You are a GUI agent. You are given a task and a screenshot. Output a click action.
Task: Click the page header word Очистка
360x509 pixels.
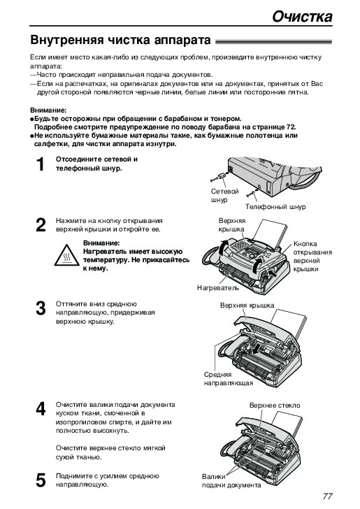point(302,16)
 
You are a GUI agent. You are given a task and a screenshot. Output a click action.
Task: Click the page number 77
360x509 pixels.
point(328,496)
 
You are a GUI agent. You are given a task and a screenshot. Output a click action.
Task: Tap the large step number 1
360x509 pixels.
point(41,164)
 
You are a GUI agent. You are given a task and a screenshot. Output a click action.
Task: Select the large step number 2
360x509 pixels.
point(41,225)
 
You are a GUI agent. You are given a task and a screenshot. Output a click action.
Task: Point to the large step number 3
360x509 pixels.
point(41,308)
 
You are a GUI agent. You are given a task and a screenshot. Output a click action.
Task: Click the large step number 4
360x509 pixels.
point(41,409)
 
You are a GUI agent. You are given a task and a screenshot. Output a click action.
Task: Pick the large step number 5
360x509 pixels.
point(41,480)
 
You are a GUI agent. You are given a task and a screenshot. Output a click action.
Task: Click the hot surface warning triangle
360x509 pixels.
point(66,255)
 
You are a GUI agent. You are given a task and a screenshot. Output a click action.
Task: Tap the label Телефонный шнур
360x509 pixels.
point(275,207)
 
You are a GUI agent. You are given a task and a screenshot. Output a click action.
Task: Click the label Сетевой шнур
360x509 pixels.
point(224,196)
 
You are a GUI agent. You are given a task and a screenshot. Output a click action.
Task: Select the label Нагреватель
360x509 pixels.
point(218,287)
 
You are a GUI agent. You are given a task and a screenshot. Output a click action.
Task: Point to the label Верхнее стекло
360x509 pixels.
point(275,405)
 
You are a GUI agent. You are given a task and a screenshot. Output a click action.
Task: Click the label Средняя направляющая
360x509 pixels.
point(228,378)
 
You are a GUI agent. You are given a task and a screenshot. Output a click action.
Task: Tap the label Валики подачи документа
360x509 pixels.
point(231,481)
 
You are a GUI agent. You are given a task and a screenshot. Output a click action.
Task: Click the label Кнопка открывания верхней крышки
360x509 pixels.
point(312,257)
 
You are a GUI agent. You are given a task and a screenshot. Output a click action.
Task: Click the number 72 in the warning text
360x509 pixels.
point(291,127)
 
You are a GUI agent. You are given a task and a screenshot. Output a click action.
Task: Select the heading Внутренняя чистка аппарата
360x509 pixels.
point(120,41)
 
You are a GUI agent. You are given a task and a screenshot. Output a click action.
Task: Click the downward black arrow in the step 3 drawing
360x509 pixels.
point(256,350)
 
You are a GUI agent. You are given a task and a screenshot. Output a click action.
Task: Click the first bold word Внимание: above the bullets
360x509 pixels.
point(48,110)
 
